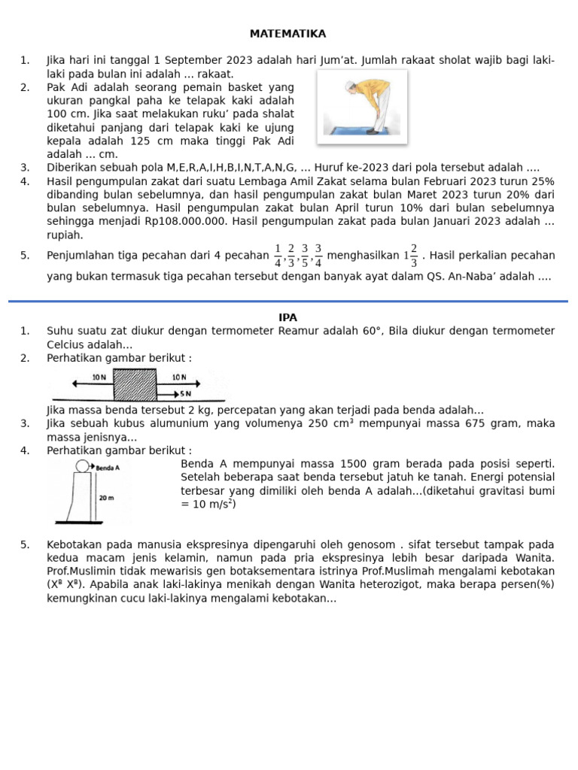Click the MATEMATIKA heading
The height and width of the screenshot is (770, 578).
pyautogui.click(x=288, y=34)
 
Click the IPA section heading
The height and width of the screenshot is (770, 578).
pyautogui.click(x=288, y=317)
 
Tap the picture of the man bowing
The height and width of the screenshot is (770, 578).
pyautogui.click(x=362, y=106)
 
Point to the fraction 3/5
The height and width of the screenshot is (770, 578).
pyautogui.click(x=305, y=255)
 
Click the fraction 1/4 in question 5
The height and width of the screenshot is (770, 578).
pyautogui.click(x=278, y=255)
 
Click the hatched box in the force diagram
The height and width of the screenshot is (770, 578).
pyautogui.click(x=135, y=384)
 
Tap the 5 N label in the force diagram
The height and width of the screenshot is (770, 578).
pyautogui.click(x=185, y=393)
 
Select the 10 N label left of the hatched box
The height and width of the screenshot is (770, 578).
pyautogui.click(x=99, y=377)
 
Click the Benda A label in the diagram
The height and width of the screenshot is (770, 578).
pyautogui.click(x=108, y=467)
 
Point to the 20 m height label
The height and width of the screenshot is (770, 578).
pyautogui.click(x=107, y=498)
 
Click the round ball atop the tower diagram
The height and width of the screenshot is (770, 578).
pyautogui.click(x=81, y=467)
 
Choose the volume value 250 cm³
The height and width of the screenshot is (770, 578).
pyautogui.click(x=332, y=424)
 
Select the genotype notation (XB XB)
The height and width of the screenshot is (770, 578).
pyautogui.click(x=66, y=584)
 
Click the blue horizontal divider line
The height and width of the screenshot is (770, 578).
pyautogui.click(x=288, y=301)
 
